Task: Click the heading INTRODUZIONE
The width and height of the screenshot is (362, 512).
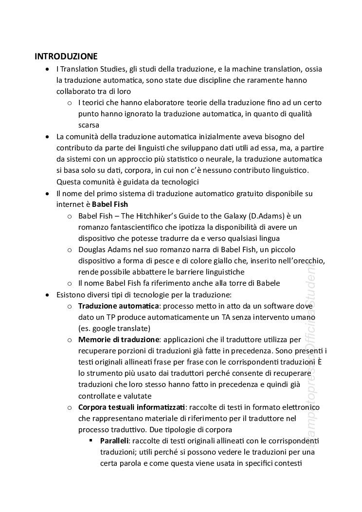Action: pyautogui.click(x=66, y=56)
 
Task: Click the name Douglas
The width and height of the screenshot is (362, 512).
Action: pyautogui.click(x=92, y=250)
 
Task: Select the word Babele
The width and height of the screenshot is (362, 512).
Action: pyautogui.click(x=267, y=283)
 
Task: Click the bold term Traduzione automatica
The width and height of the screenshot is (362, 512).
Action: pyautogui.click(x=119, y=306)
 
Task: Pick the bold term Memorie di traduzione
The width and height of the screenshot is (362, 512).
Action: pyautogui.click(x=119, y=339)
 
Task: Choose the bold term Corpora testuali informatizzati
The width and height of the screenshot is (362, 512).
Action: pyautogui.click(x=132, y=407)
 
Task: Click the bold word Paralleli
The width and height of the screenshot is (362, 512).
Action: pyautogui.click(x=114, y=441)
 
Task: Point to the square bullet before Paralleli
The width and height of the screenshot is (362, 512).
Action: pyautogui.click(x=91, y=441)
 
